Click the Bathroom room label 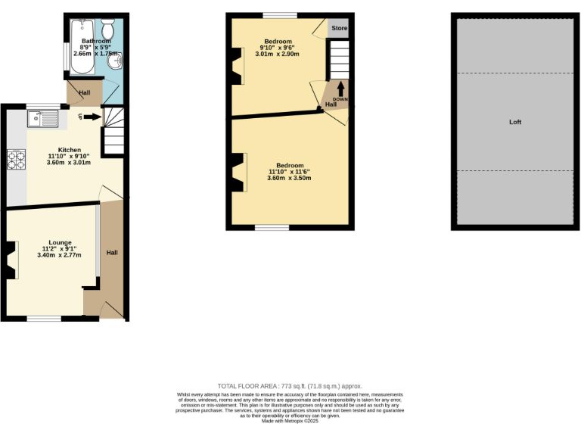96,41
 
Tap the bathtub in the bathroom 79,47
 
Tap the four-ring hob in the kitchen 16,159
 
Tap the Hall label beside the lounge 111,252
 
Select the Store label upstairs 339,29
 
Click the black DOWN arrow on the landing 340,89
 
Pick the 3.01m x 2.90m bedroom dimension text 277,54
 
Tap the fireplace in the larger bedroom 240,172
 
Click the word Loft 515,122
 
